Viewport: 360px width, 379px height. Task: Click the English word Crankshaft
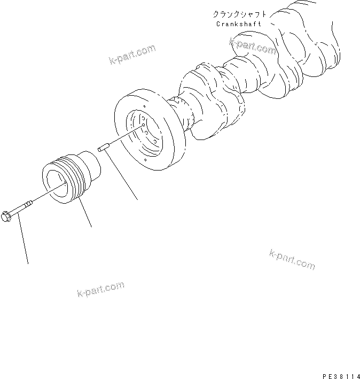(x=239, y=24)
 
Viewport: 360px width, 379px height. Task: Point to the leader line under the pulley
(x=85, y=213)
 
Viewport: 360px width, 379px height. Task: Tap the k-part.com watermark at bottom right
(x=292, y=259)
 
